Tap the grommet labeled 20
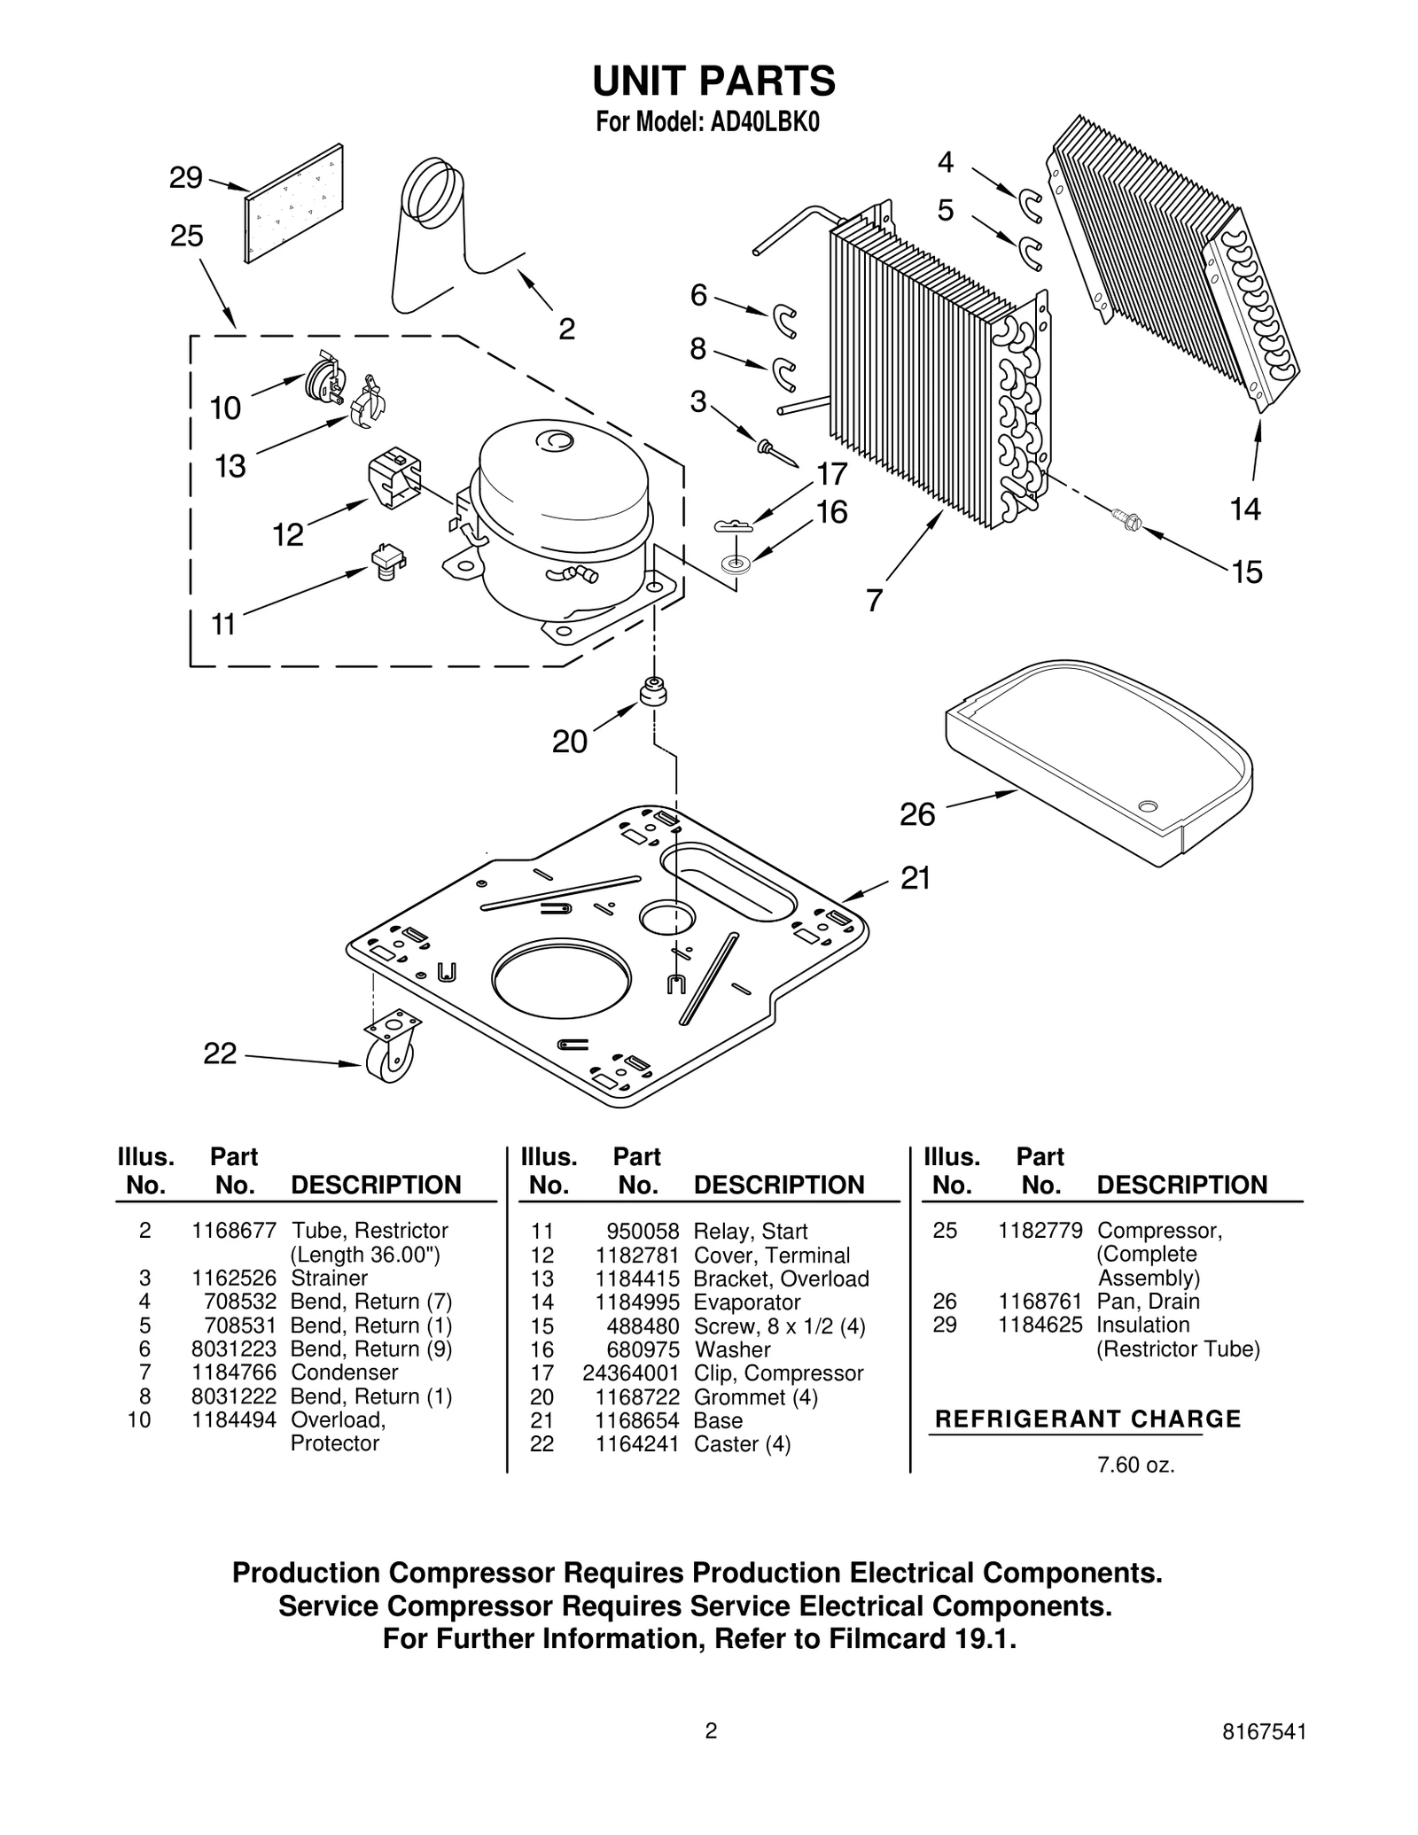point(652,691)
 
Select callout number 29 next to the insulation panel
point(186,178)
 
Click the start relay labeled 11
point(387,560)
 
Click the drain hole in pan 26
point(1148,805)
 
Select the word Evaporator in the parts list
point(747,1302)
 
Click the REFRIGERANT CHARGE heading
point(1087,1419)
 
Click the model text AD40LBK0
point(764,122)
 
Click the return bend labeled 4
point(1030,205)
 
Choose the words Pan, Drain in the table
point(1148,1302)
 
